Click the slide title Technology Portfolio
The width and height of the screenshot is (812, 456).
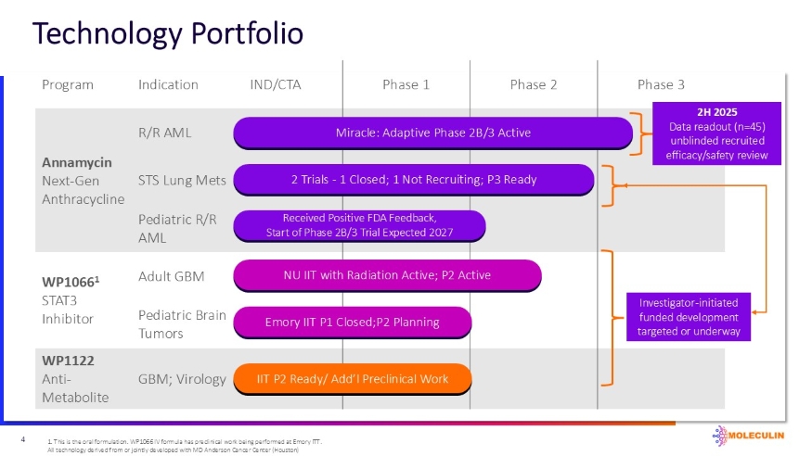tap(168, 33)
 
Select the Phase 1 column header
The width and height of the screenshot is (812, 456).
tap(406, 84)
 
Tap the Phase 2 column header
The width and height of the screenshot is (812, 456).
tap(534, 84)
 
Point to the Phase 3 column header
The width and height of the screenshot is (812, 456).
tap(661, 84)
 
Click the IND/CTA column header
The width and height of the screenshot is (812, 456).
tap(276, 84)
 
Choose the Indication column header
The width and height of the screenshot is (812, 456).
tap(168, 84)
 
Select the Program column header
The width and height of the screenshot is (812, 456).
tap(68, 84)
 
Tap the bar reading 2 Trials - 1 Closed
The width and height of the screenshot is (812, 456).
tap(413, 179)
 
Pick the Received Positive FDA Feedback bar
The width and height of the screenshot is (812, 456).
tap(359, 224)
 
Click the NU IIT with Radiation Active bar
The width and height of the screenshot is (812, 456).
tap(386, 274)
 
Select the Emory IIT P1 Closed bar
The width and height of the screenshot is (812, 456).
tap(352, 322)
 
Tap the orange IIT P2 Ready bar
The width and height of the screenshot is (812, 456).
tap(352, 378)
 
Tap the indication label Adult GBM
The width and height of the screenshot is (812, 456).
tap(171, 275)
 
